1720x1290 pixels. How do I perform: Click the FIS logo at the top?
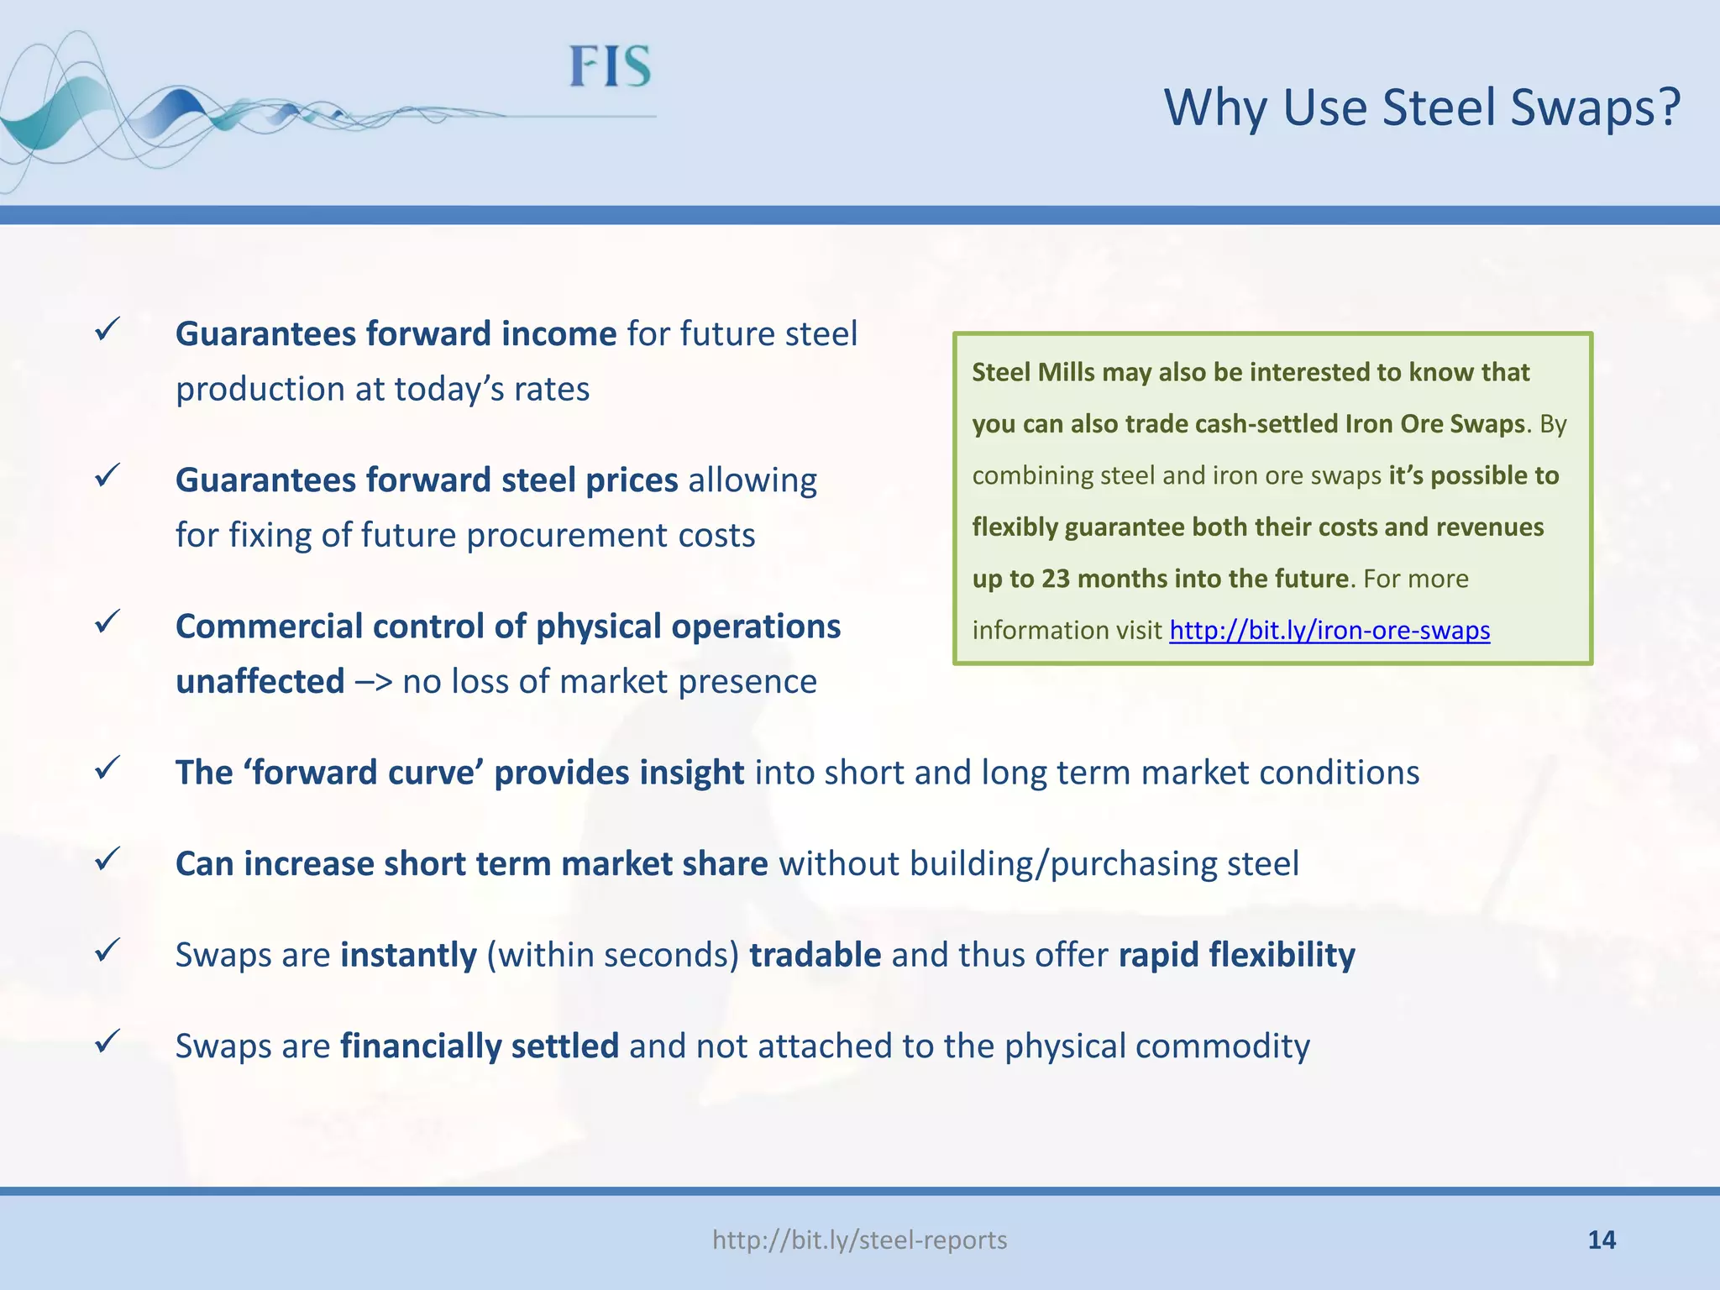tap(611, 67)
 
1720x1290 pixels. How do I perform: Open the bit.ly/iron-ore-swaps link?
tap(1329, 630)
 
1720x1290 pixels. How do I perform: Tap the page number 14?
tap(1602, 1240)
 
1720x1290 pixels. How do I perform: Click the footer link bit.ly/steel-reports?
tap(859, 1240)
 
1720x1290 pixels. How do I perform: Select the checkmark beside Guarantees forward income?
tap(107, 328)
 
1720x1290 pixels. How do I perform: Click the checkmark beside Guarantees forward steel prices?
tap(107, 475)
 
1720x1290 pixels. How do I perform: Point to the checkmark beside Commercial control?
tap(107, 621)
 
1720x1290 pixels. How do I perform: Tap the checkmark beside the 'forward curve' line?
tap(107, 768)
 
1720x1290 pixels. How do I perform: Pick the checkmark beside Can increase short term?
tap(107, 858)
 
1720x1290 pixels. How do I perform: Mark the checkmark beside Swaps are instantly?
tap(107, 950)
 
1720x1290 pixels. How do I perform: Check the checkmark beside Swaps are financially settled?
tap(107, 1041)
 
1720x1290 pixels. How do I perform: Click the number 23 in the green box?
tap(1056, 579)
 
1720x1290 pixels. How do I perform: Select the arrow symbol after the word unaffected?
tap(374, 682)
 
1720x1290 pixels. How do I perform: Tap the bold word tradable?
tap(815, 955)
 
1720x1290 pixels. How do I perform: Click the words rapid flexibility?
tap(1236, 955)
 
